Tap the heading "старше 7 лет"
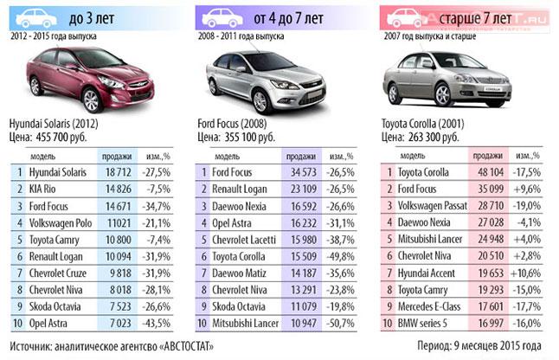(473, 16)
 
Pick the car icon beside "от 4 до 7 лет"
(222, 16)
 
